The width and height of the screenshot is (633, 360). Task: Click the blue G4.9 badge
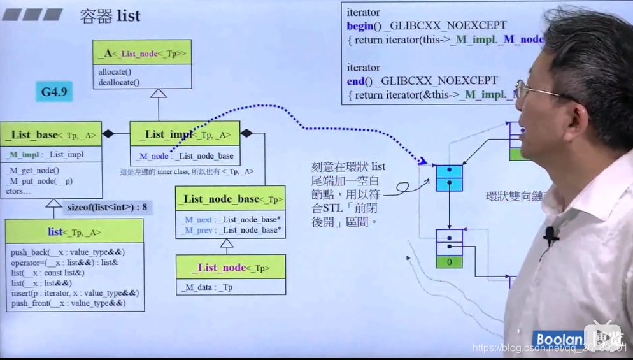(54, 92)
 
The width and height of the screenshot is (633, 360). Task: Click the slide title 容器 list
(110, 16)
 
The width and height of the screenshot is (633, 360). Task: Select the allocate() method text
(115, 72)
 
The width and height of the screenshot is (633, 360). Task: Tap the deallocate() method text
(118, 82)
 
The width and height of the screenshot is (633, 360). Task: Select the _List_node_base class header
(230, 199)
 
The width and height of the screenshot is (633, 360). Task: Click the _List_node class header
(231, 268)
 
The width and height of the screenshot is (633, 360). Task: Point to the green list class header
(75, 232)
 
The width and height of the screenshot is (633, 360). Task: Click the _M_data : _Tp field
(207, 287)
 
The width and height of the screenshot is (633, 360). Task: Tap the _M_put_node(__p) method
(39, 180)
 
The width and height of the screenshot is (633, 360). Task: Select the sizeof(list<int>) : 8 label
(107, 207)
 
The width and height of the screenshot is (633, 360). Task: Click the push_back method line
(68, 252)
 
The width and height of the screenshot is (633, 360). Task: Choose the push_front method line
(68, 303)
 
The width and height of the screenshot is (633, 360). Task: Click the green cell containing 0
(450, 262)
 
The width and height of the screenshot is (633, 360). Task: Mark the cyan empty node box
(449, 177)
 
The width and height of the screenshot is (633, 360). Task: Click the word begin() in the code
(360, 25)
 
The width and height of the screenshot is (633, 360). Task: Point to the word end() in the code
(355, 81)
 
